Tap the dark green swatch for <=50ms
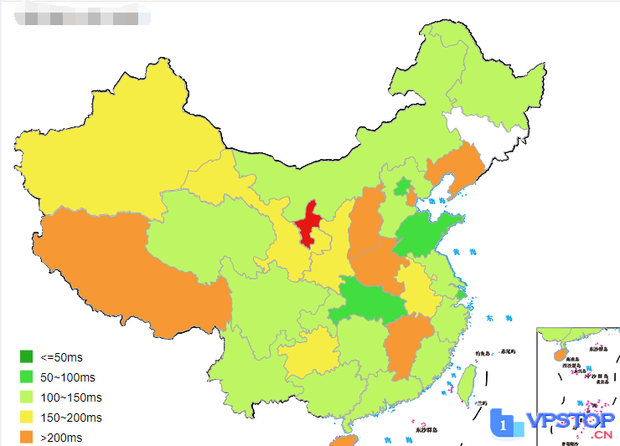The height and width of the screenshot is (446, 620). (x=27, y=357)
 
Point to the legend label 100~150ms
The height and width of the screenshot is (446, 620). (x=72, y=397)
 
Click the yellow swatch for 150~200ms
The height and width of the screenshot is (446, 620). (x=27, y=418)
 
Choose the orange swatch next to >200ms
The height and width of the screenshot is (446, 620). (x=27, y=437)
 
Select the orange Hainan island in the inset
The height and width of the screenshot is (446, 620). (x=559, y=354)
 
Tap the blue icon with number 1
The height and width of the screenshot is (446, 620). (x=504, y=425)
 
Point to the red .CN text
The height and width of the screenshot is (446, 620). (x=602, y=434)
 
